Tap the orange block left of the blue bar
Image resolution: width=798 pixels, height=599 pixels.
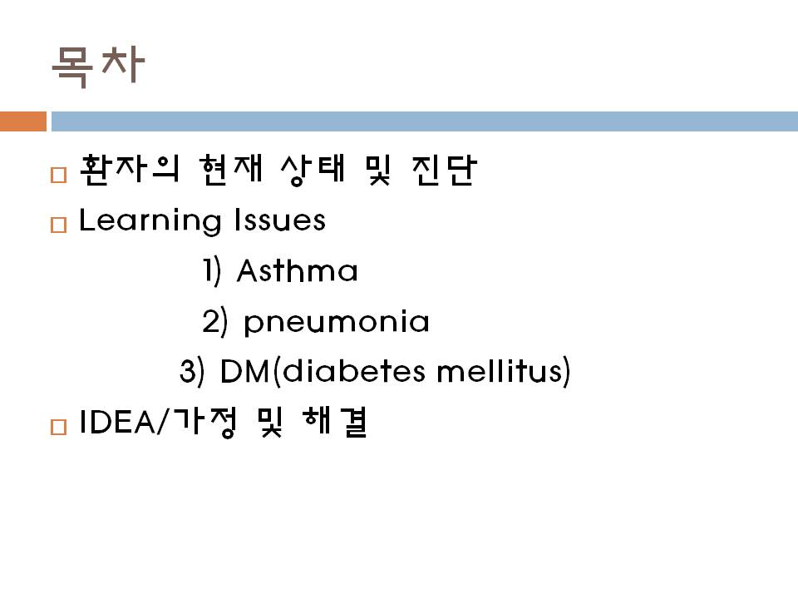[x=23, y=121]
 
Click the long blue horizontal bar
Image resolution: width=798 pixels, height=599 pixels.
[x=425, y=121]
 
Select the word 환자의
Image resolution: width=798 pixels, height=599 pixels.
[x=130, y=169]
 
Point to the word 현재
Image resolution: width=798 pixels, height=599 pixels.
[x=231, y=169]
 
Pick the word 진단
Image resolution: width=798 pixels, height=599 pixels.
[x=444, y=169]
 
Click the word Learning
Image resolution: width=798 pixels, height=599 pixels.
[x=150, y=221]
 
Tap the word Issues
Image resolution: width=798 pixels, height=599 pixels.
[x=279, y=220]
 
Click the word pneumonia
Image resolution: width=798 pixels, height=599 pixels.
[x=337, y=322]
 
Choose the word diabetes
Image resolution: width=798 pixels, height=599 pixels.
[x=353, y=370]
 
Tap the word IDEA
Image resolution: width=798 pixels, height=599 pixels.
[x=119, y=422]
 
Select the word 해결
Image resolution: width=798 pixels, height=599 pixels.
[x=335, y=422]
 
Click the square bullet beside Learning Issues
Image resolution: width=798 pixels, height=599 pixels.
[x=58, y=225]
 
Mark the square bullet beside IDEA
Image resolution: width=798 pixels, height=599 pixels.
[x=58, y=427]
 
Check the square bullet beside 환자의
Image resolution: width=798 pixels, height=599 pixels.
[x=58, y=175]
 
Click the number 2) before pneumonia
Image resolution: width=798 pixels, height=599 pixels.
[x=214, y=322]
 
